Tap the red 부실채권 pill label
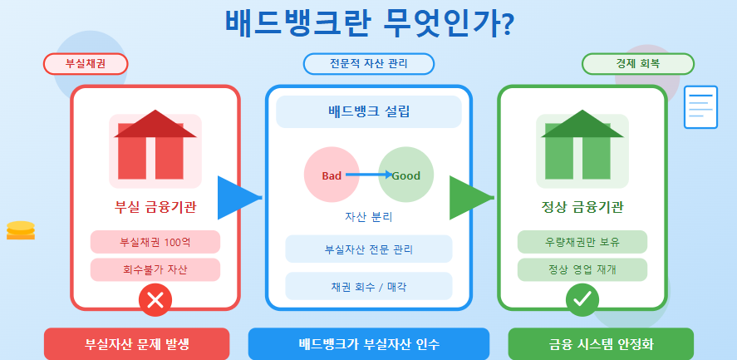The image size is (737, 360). [x=85, y=64]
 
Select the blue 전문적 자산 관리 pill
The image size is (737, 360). [x=369, y=64]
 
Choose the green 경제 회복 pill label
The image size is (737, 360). [x=638, y=64]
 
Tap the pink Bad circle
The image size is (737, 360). [x=332, y=175]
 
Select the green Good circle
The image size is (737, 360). [x=405, y=175]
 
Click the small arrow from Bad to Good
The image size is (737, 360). [x=369, y=175]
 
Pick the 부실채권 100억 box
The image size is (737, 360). [x=155, y=242]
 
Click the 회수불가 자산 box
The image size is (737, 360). [x=155, y=269]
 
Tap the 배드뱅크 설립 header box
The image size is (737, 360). [x=369, y=112]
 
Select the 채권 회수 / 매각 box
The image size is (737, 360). [x=369, y=286]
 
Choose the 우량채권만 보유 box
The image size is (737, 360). [x=582, y=242]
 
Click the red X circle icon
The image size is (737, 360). [x=155, y=300]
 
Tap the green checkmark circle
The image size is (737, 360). [x=582, y=299]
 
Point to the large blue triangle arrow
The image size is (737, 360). [x=236, y=198]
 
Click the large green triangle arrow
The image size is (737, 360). [x=468, y=198]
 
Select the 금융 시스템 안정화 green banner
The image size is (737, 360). [x=601, y=343]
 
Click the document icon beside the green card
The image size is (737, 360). [x=700, y=107]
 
